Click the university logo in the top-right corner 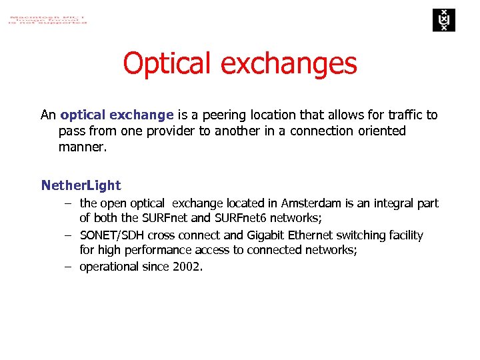[442, 20]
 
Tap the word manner [81, 147]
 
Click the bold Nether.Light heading [81, 185]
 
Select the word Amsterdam [312, 203]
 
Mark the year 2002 [187, 267]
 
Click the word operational [109, 267]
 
